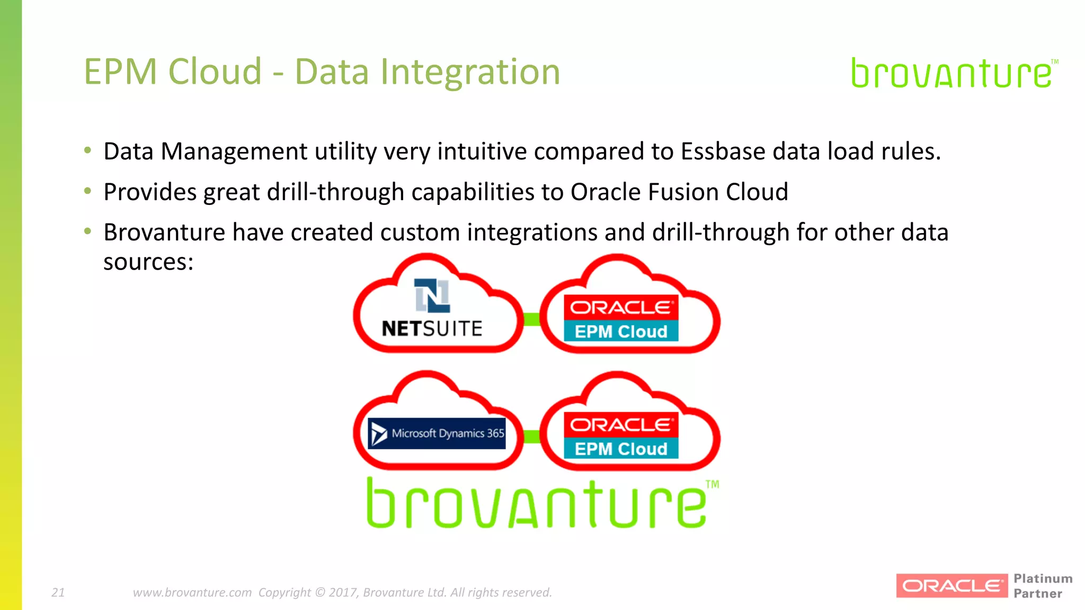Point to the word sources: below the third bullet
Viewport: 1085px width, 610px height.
148,262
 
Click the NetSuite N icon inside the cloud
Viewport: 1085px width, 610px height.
432,295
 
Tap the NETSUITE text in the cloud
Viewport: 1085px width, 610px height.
432,329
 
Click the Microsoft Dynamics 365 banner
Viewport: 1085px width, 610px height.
437,434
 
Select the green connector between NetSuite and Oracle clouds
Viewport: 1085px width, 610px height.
531,319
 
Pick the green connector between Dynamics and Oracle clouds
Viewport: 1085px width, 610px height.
531,436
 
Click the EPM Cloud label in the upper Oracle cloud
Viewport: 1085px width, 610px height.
621,331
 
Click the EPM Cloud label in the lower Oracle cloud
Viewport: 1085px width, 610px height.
621,449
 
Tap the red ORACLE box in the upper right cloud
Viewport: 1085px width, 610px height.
621,308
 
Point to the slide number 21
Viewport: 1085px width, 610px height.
58,593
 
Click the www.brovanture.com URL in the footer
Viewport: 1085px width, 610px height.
192,593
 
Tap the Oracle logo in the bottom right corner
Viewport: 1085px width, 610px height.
951,586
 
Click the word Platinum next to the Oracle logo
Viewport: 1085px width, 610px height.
1043,578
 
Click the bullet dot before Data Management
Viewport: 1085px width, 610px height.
88,150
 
